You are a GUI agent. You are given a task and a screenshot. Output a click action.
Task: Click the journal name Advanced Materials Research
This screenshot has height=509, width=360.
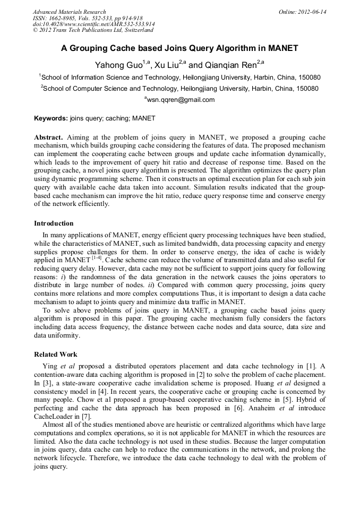click(x=69, y=12)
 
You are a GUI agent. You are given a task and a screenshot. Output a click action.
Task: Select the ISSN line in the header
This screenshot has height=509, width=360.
click(x=88, y=18)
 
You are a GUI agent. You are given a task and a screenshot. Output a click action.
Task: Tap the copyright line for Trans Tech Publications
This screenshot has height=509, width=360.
click(x=93, y=30)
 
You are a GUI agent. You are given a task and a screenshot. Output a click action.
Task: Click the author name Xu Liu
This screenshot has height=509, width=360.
click(x=166, y=65)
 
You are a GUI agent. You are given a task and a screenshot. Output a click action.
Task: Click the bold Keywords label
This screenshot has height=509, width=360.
click(x=51, y=118)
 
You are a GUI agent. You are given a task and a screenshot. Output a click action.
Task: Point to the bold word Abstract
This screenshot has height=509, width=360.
click(x=49, y=137)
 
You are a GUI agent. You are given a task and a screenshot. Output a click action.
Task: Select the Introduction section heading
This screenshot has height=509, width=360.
click(x=54, y=223)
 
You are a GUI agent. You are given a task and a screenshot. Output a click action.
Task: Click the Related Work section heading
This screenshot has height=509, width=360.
click(x=56, y=354)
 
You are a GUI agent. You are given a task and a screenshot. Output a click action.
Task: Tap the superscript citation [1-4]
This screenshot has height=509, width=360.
click(x=98, y=258)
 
